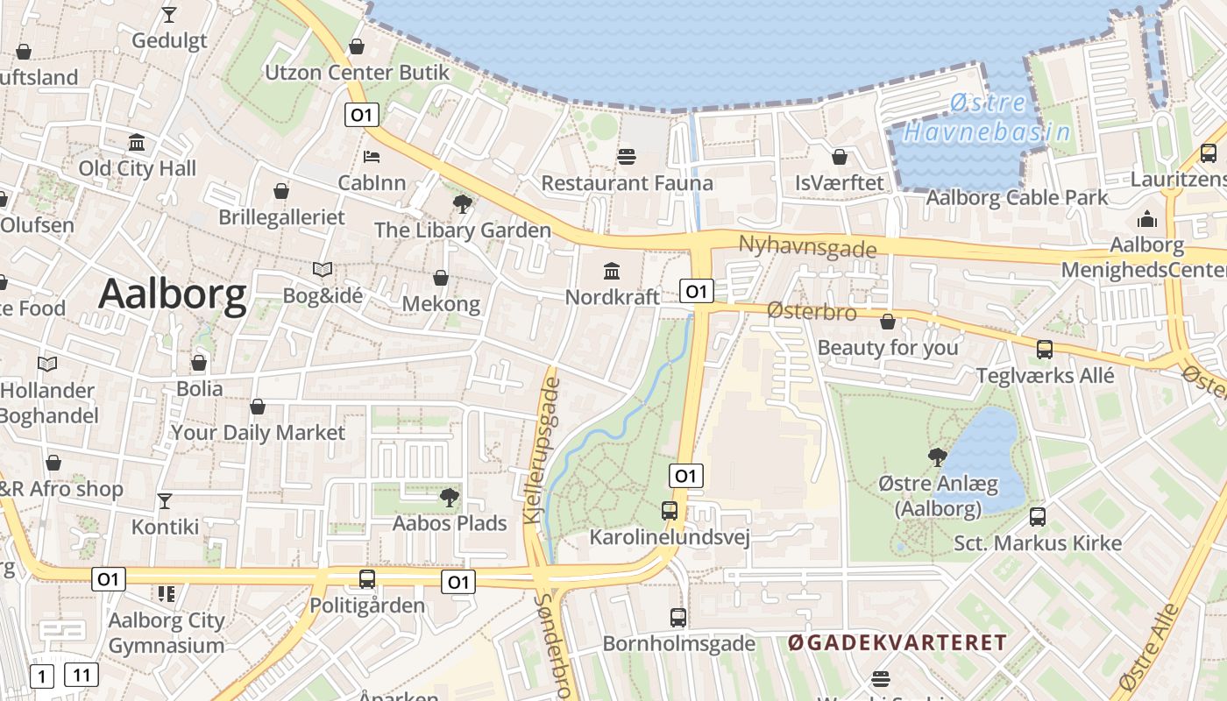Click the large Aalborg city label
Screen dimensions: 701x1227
click(172, 294)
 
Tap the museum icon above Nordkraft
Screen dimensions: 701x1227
click(612, 270)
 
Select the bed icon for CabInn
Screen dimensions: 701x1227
click(372, 157)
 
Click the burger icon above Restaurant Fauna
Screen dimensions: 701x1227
click(627, 157)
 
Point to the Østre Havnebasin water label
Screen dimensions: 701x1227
click(988, 118)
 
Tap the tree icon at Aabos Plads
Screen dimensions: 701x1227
click(449, 498)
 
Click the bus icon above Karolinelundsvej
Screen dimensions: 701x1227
click(670, 510)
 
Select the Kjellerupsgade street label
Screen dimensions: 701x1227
click(542, 446)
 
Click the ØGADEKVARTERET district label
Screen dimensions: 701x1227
click(897, 643)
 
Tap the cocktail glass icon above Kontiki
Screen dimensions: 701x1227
click(164, 501)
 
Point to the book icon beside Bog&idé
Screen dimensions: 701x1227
click(323, 270)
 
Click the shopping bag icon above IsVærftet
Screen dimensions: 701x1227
click(840, 157)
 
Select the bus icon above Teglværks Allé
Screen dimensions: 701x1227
click(1045, 350)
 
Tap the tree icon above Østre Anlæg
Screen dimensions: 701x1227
click(937, 457)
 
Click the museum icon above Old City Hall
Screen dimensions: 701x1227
click(137, 142)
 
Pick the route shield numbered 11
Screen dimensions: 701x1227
click(82, 675)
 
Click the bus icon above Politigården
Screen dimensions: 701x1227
click(367, 579)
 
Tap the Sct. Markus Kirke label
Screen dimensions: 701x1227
click(1038, 543)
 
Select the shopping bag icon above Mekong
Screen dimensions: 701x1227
click(441, 278)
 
